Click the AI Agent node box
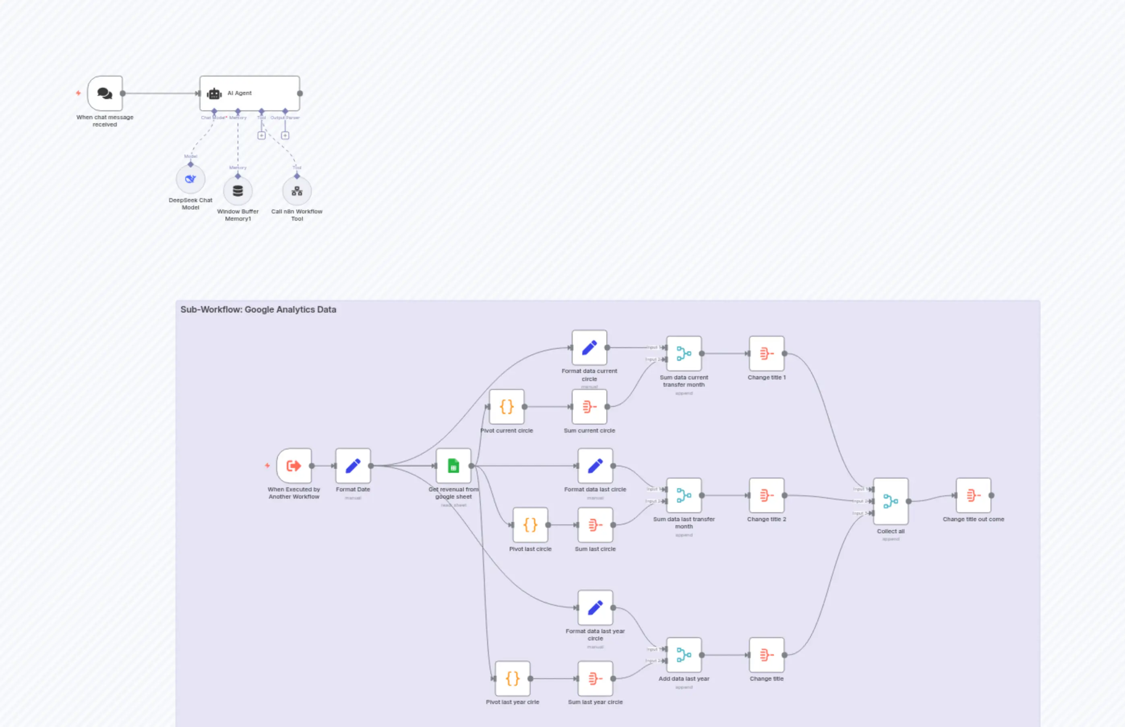249,93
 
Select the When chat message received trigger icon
105,93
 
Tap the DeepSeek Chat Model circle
190,179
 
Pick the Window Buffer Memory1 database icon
238,191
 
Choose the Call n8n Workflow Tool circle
297,191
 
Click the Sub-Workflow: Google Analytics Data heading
258,310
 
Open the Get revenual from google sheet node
453,466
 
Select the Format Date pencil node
353,466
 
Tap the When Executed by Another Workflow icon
294,466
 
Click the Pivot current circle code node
507,406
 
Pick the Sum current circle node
589,406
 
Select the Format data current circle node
589,348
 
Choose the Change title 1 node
766,354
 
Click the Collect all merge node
891,501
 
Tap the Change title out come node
973,495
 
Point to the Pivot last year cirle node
513,678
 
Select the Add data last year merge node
684,655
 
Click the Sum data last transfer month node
684,495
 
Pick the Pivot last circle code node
530,525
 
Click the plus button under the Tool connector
261,135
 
